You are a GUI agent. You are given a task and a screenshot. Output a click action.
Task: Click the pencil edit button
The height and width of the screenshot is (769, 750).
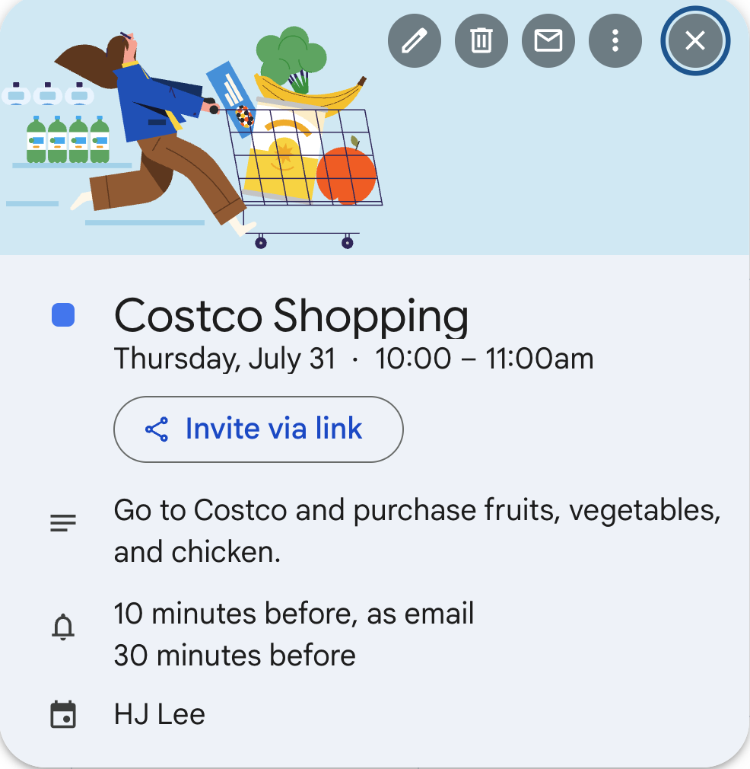[x=414, y=40]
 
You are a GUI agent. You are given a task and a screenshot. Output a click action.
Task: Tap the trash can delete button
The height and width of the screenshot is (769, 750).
[x=481, y=40]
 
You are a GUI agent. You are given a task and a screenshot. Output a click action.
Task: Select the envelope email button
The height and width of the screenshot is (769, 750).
[x=548, y=40]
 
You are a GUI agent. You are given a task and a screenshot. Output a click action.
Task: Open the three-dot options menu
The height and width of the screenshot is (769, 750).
[x=615, y=40]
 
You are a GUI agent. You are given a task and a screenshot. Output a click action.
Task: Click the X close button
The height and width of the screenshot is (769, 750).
[x=695, y=40]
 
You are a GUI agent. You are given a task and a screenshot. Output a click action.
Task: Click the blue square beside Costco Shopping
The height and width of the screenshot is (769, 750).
[x=63, y=315]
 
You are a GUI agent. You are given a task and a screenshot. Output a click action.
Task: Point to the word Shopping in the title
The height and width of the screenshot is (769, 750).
[x=370, y=316]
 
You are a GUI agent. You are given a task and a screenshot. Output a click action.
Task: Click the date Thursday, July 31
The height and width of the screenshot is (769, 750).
[x=224, y=359]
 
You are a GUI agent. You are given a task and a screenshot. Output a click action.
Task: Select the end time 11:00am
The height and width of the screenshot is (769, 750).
[x=539, y=359]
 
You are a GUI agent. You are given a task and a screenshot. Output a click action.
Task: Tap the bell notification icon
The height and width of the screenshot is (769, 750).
[x=63, y=627]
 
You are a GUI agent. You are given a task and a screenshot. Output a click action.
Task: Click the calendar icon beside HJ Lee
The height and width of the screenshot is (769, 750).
[x=63, y=715]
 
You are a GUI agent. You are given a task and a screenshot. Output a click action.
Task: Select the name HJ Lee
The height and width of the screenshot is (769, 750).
[x=160, y=715]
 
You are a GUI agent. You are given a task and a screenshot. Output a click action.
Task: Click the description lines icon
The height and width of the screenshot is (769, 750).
[x=63, y=524]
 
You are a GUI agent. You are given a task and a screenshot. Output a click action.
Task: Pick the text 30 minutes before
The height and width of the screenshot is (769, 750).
[x=234, y=655]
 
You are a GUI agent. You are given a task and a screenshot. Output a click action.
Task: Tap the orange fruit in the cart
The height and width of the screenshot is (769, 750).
[x=346, y=175]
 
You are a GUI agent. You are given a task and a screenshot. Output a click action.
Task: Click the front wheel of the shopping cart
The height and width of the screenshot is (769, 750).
[x=348, y=243]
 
